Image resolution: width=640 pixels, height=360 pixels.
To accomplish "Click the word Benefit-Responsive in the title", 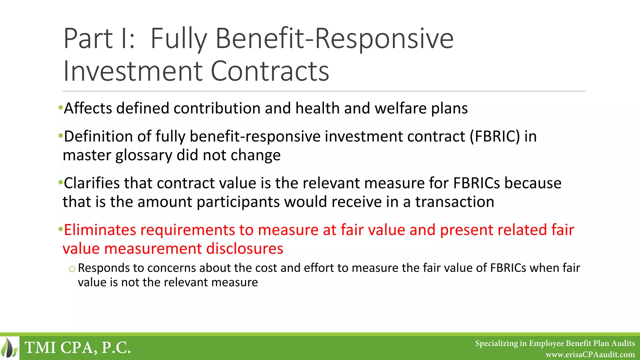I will [x=334, y=39].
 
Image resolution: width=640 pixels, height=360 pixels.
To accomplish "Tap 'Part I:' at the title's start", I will [x=99, y=39].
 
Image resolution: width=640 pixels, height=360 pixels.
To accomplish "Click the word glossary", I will [x=143, y=155].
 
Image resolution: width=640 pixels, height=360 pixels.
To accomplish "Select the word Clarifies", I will [x=92, y=183].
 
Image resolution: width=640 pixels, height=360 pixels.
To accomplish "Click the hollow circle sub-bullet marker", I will [x=72, y=269].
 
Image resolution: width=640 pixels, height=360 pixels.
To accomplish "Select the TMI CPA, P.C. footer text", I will [x=77, y=348].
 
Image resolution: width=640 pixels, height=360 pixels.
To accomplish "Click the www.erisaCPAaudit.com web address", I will [x=590, y=355].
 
